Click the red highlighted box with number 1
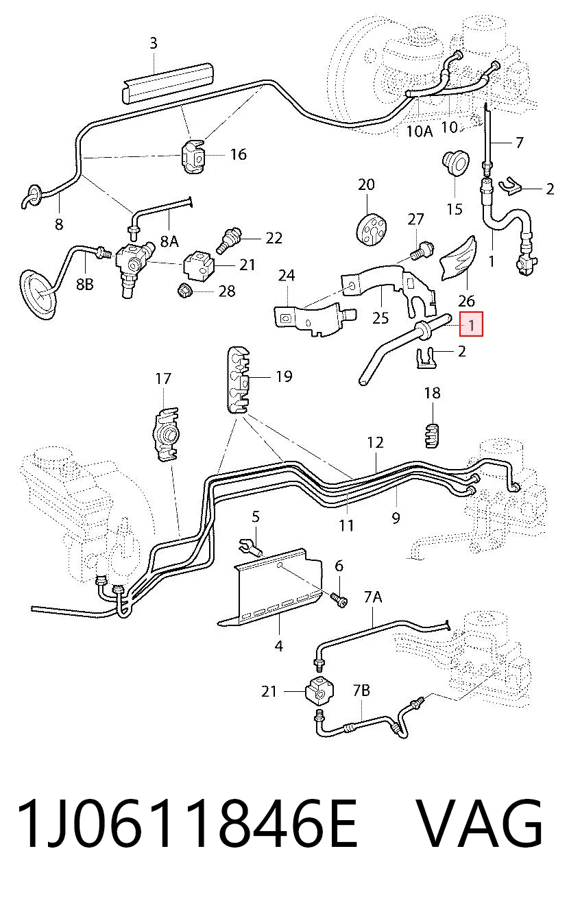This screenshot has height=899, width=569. (471, 324)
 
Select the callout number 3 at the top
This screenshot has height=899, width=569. (154, 43)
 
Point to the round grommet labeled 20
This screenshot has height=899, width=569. (371, 229)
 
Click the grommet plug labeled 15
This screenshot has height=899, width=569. (455, 163)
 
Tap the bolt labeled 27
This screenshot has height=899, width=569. (421, 250)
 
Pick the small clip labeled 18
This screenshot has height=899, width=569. (432, 435)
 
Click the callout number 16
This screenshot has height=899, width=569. (239, 154)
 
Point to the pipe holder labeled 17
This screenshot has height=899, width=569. (165, 434)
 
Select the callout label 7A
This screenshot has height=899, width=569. (373, 597)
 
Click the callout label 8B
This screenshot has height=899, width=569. (85, 284)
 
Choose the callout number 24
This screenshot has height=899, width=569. (287, 275)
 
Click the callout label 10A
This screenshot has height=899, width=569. (420, 131)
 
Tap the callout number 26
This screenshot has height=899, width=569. (466, 301)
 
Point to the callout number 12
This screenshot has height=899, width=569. (376, 443)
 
